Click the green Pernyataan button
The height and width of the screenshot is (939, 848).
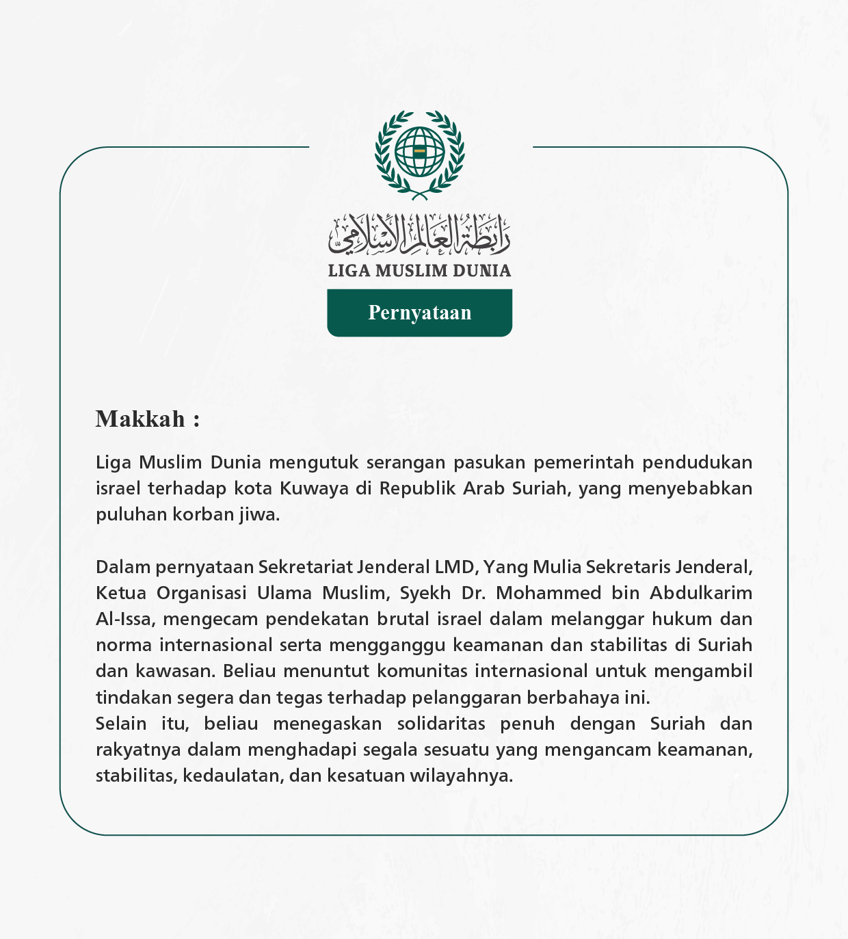[x=419, y=313]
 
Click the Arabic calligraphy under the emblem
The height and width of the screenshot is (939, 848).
[x=419, y=233]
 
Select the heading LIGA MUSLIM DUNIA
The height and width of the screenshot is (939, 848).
[x=419, y=271]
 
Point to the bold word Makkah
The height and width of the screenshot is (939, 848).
[x=140, y=419]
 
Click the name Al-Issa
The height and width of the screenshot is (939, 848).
[x=126, y=619]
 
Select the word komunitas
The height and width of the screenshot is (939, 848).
[x=423, y=671]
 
